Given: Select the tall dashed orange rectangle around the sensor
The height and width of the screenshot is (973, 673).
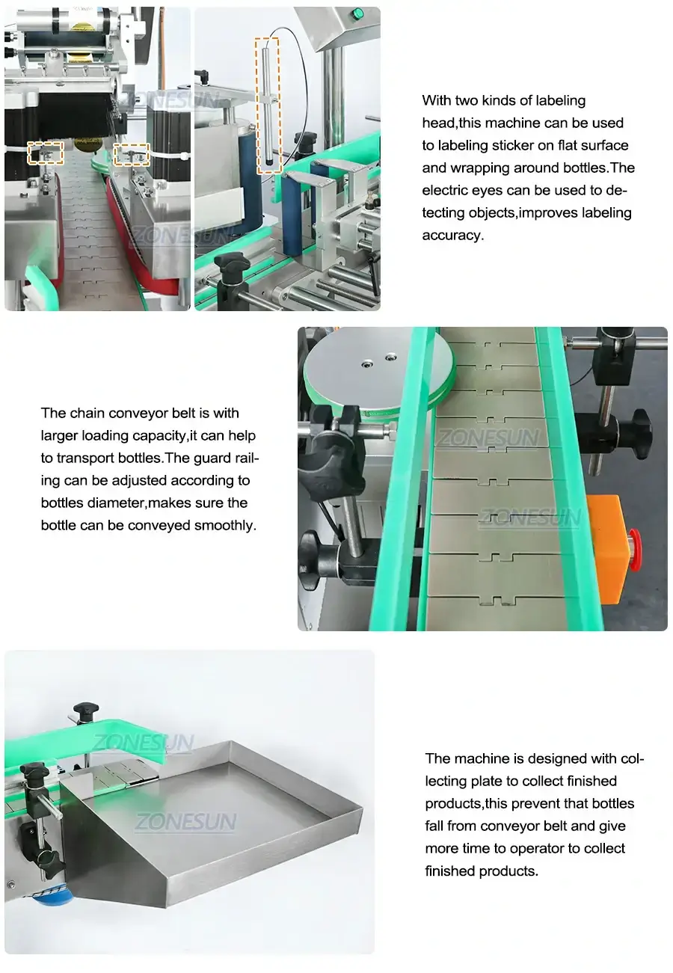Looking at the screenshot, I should (268, 105).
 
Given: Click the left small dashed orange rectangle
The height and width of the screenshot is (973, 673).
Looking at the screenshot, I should (44, 153).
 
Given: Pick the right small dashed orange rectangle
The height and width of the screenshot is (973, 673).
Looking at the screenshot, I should (131, 155).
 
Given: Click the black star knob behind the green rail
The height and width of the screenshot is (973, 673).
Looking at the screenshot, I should (85, 711).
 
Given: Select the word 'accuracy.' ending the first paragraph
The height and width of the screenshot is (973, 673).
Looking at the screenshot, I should (452, 235).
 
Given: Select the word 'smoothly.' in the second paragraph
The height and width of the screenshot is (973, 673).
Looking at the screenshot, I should (224, 525).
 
